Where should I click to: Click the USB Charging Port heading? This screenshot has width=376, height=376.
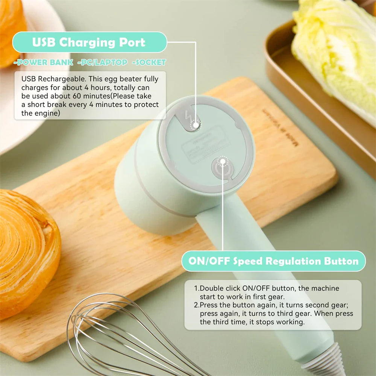click(89, 42)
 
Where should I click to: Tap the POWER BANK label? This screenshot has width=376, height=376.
click(43, 62)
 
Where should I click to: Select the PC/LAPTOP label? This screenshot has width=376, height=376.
click(102, 62)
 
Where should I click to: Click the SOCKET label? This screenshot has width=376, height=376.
click(149, 62)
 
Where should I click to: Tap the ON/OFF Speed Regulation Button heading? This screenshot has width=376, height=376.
click(273, 261)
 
